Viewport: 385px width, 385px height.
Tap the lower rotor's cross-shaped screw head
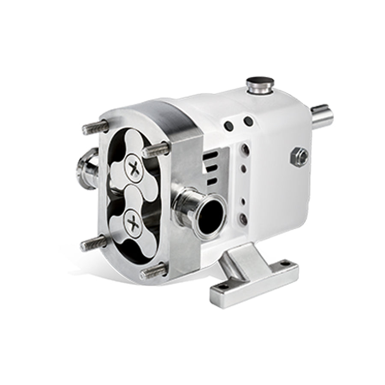(133, 223)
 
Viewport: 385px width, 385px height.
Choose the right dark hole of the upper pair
(248, 122)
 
